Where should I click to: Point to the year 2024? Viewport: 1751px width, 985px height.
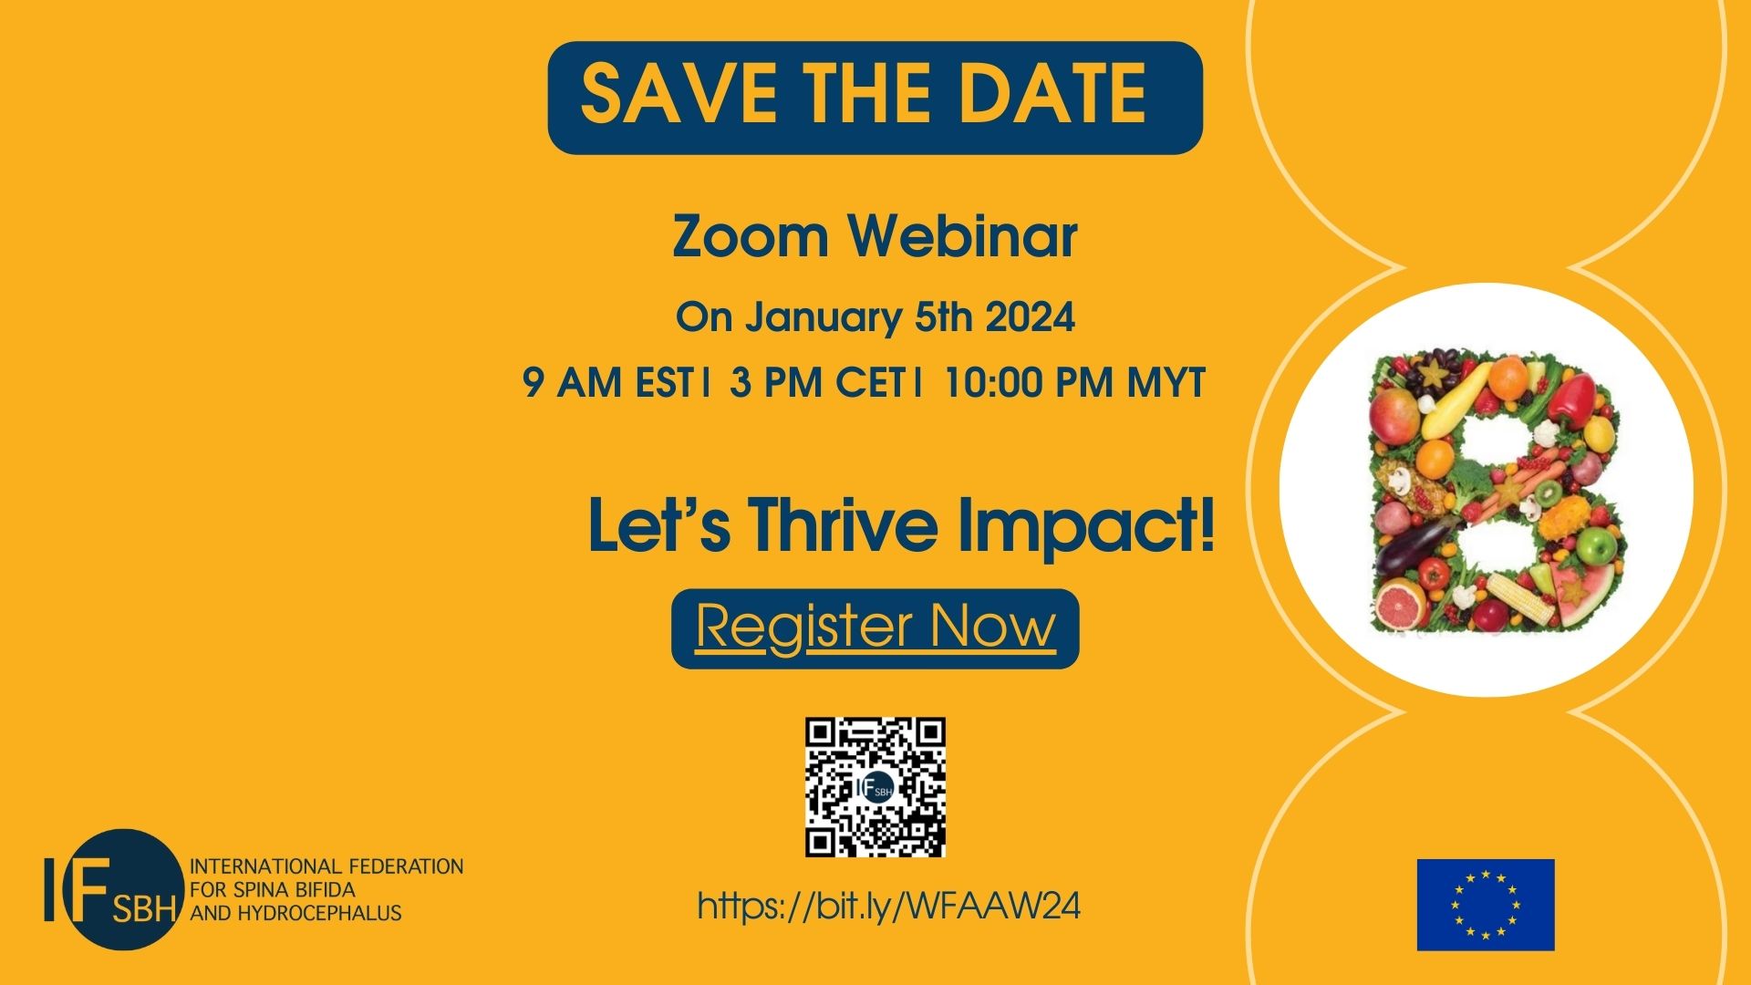click(x=1031, y=317)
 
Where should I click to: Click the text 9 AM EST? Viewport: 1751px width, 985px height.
click(x=607, y=383)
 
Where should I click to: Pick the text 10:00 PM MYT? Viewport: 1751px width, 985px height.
click(x=1075, y=383)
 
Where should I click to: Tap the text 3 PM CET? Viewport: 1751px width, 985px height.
click(x=816, y=383)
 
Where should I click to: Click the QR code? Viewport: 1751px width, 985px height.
click(x=875, y=787)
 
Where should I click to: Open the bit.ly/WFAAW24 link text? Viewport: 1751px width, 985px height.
click(x=888, y=907)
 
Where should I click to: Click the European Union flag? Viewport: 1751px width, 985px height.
click(x=1486, y=905)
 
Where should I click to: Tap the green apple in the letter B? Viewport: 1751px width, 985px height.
click(x=1596, y=546)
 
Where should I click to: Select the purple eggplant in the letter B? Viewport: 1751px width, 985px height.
click(x=1413, y=549)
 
